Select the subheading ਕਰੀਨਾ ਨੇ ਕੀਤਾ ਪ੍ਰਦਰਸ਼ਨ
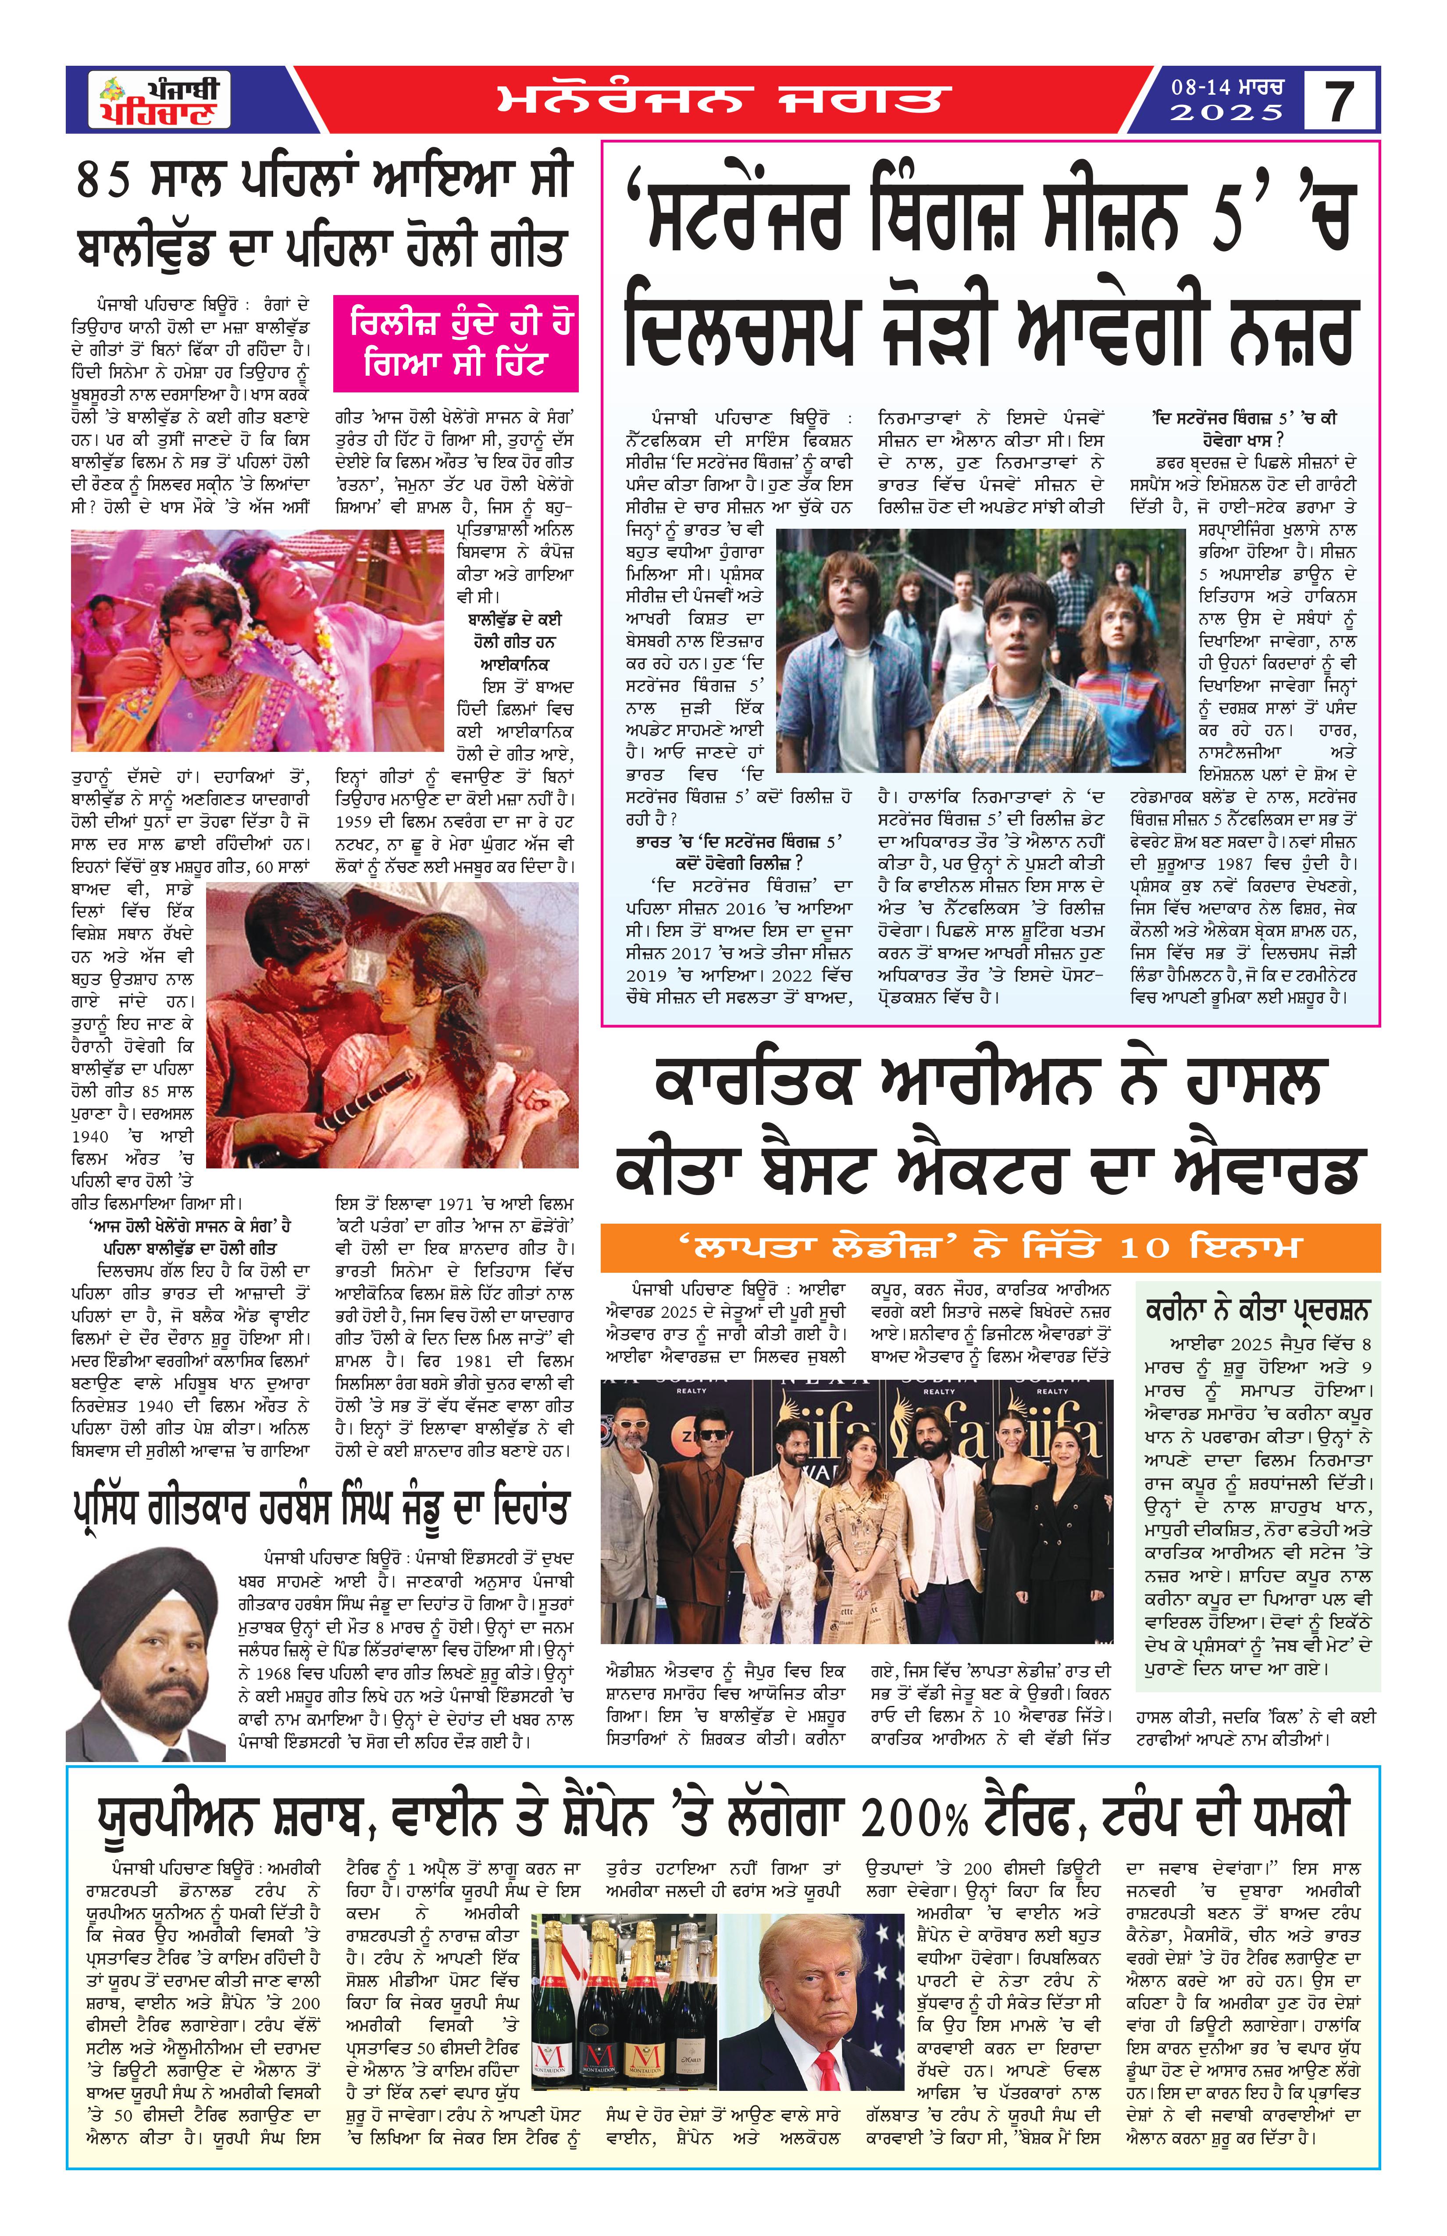pos(1257,1310)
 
